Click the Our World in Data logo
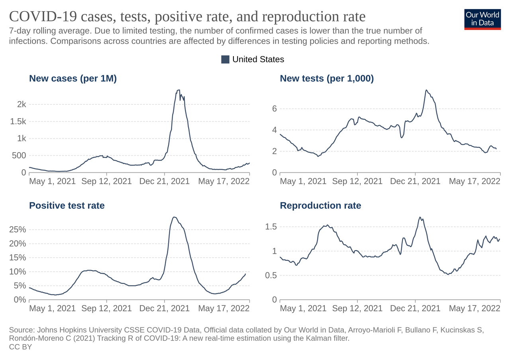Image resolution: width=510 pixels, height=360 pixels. click(482, 19)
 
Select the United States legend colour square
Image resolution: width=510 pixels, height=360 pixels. click(225, 59)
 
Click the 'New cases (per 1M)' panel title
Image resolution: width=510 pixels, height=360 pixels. click(73, 78)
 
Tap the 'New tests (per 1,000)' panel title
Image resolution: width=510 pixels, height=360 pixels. click(327, 78)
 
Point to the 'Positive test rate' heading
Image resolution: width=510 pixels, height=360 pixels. click(67, 205)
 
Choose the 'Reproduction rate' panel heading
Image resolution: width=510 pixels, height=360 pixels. click(320, 205)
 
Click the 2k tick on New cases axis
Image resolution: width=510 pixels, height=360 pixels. click(21, 104)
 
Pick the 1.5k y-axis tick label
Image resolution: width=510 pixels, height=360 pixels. click(18, 121)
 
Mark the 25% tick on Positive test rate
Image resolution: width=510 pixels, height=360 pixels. click(17, 229)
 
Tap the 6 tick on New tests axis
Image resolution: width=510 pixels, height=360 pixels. click(274, 108)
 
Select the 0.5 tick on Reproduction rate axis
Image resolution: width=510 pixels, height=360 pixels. click(270, 275)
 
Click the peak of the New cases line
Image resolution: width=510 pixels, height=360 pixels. click(178, 90)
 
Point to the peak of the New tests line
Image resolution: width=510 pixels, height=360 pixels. click(426, 90)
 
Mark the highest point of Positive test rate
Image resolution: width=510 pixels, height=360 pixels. click(174, 217)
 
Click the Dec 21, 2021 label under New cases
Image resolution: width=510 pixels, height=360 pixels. click(164, 181)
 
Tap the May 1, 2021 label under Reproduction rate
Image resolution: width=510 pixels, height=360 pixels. click(303, 308)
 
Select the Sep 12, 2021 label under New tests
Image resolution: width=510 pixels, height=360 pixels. click(357, 181)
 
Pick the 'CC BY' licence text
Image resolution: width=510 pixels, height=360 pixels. click(20, 347)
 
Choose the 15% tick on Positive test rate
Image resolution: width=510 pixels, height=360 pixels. click(17, 257)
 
